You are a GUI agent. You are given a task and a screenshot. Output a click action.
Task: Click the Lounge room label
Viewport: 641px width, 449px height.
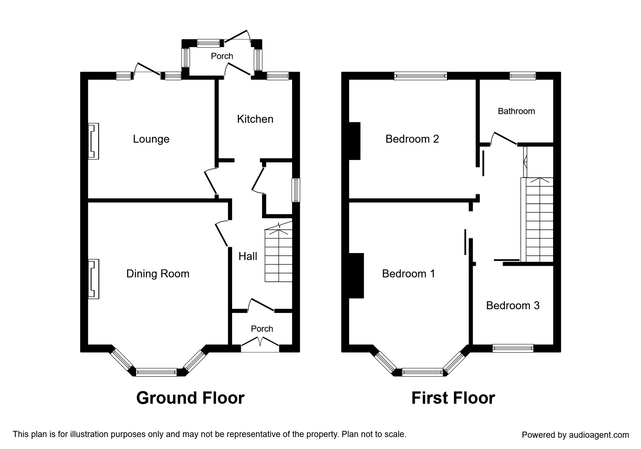point(151,139)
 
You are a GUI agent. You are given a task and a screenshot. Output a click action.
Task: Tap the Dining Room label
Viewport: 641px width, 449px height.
point(158,273)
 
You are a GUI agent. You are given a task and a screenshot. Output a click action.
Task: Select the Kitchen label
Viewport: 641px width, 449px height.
point(255,119)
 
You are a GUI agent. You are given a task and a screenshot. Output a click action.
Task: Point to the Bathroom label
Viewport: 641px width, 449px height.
point(516,111)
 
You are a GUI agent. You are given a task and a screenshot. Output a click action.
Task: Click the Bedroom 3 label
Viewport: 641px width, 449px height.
point(513,306)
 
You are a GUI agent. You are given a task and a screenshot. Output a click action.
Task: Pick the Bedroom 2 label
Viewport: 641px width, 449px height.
point(412,139)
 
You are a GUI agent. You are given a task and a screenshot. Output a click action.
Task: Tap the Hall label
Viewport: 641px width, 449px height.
point(248,256)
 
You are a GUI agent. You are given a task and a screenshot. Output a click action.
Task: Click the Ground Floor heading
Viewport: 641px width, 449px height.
point(190,398)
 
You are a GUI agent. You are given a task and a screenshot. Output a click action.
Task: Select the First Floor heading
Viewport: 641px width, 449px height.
point(453,398)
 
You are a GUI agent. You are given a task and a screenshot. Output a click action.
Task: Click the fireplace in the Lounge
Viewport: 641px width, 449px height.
point(93,141)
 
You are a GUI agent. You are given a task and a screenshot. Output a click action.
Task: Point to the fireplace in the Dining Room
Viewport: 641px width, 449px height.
point(93,279)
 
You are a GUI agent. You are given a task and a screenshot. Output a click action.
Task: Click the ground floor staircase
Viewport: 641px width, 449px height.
point(279,252)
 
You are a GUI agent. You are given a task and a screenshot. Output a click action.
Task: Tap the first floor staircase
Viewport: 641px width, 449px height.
point(537,220)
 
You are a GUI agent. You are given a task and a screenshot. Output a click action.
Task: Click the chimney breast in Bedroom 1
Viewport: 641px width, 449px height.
point(356,276)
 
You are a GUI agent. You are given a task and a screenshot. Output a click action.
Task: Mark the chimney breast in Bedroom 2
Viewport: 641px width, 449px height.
point(355,141)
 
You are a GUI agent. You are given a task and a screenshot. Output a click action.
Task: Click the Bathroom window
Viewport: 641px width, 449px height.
point(523,76)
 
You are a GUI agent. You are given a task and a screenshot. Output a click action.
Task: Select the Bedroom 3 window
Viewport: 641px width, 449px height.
point(513,348)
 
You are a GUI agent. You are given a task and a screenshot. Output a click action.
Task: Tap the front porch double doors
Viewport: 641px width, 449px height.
point(260,342)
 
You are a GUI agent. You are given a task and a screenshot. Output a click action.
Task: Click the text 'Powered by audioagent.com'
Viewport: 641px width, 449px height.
point(575,435)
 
